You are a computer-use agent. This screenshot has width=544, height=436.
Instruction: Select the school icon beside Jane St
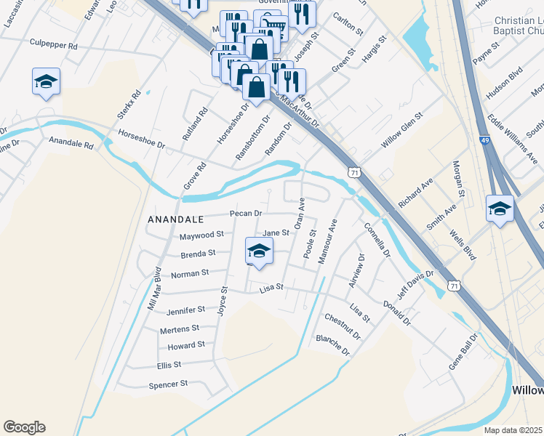click(x=258, y=251)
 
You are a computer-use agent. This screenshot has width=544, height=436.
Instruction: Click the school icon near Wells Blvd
click(x=500, y=209)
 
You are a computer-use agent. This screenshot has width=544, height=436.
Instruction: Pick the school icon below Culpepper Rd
click(x=46, y=82)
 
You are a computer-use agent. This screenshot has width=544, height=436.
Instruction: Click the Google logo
click(x=24, y=427)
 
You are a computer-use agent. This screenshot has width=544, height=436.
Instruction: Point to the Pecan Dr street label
click(x=245, y=213)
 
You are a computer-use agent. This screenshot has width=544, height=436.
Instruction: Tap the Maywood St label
click(x=201, y=235)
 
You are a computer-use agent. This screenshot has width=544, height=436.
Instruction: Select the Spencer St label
click(x=168, y=384)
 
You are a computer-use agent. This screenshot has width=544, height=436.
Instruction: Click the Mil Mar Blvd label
click(x=154, y=289)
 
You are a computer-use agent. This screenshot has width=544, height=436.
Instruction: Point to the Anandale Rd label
click(x=71, y=144)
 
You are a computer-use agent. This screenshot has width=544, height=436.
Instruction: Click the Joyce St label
click(x=223, y=299)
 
